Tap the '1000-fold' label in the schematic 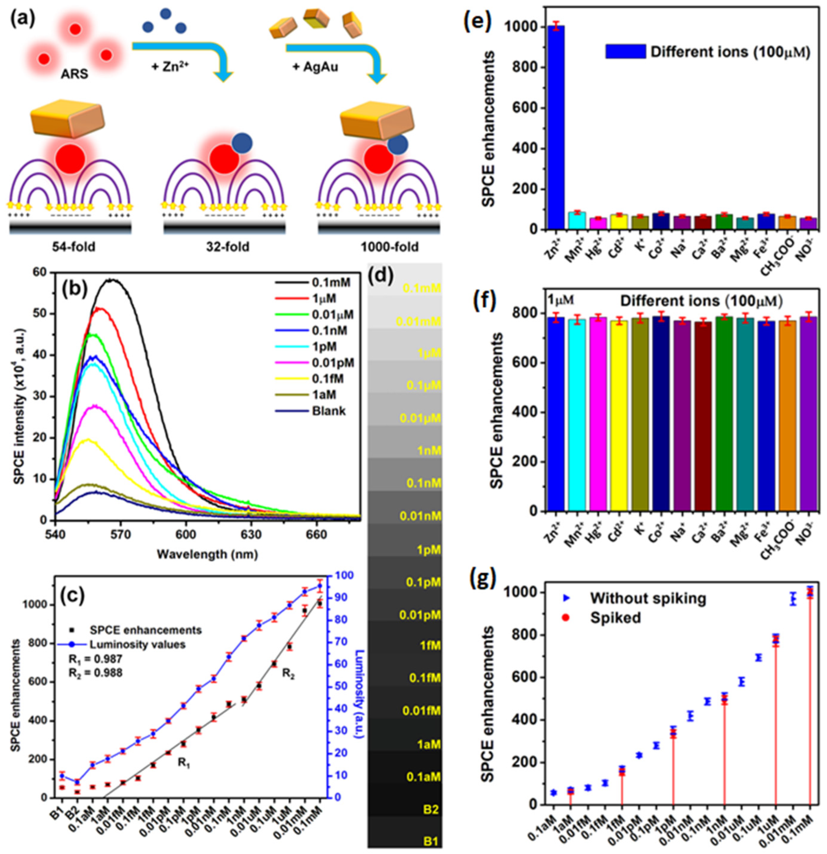coord(389,247)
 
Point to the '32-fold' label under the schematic coord(228,247)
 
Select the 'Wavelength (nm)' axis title coord(208,554)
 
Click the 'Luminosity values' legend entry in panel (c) coord(137,644)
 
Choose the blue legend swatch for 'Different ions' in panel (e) coord(625,51)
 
